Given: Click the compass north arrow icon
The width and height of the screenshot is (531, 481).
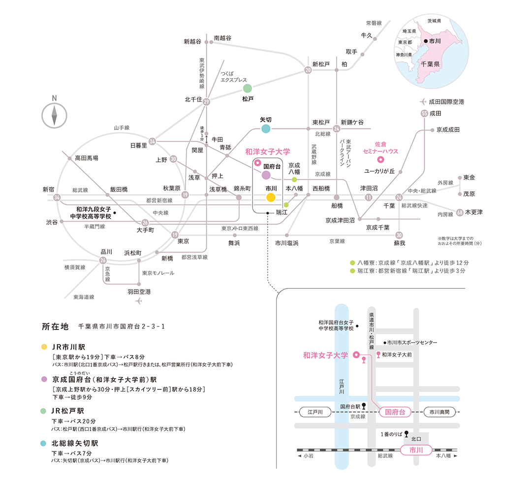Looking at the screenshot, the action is point(54,116).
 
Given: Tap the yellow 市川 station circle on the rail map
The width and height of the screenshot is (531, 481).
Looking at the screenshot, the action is point(271,197).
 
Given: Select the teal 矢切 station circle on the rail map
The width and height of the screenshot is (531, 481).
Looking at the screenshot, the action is point(266,128).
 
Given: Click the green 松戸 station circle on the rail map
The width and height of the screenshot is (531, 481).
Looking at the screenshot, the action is point(248,89).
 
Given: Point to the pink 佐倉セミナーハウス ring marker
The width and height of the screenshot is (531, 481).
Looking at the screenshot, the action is point(380,160).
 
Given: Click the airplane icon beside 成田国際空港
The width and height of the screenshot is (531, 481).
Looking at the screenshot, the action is point(423,101).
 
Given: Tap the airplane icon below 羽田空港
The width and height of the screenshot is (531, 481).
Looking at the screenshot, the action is point(138,301).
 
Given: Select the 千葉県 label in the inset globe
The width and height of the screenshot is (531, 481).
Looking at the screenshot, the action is point(430,64).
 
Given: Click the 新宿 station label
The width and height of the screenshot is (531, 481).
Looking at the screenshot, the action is point(48,190).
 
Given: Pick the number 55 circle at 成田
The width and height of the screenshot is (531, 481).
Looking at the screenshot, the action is point(424,113).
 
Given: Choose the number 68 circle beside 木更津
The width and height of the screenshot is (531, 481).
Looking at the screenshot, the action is point(460,212).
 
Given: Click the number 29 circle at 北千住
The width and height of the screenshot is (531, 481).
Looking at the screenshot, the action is point(206,101).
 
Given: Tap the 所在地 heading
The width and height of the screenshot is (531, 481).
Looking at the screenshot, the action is point(55,326).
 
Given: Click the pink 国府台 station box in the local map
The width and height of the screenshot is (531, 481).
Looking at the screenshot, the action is point(395,412).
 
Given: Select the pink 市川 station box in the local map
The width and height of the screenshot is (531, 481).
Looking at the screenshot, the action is point(416,450).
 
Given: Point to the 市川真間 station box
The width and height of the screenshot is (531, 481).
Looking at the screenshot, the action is point(439,412).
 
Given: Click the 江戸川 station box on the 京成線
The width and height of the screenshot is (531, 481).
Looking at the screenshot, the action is point(315,412).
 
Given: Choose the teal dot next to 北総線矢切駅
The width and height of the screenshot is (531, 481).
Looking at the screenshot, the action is point(43,444).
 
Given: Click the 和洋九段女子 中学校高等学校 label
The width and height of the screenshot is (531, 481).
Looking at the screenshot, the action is point(91,213).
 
